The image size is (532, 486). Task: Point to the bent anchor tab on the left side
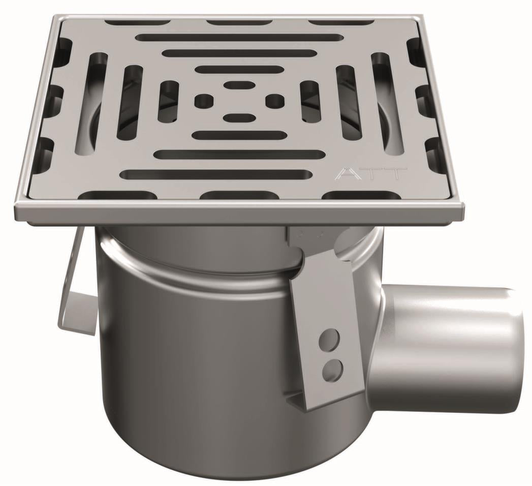click(x=76, y=295)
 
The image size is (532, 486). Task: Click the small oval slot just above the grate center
click(x=238, y=84)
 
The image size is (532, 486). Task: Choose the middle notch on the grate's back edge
click(x=234, y=22)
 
